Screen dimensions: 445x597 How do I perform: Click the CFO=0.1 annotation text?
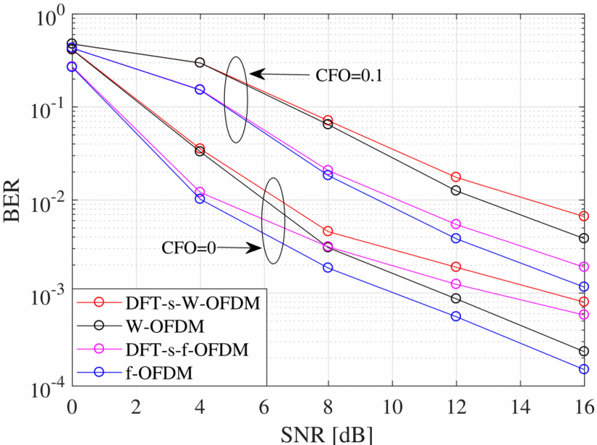[x=348, y=75]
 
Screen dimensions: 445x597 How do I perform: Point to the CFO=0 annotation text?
[x=189, y=248]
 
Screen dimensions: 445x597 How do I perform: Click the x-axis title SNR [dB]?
[x=327, y=434]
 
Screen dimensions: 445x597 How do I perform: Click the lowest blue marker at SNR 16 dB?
[x=584, y=369]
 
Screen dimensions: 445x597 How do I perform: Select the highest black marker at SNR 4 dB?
[x=199, y=63]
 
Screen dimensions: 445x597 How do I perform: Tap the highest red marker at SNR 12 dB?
[x=456, y=177]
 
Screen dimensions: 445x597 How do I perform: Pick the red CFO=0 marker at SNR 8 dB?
[x=328, y=231]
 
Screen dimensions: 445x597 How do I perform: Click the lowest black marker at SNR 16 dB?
[x=584, y=351]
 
